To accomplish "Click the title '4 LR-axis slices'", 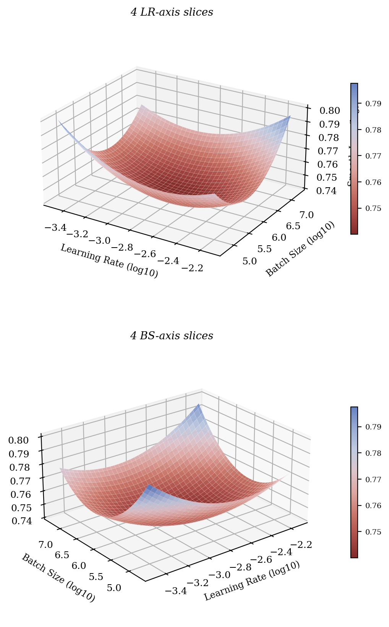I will (172, 12).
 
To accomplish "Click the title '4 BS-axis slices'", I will (172, 336).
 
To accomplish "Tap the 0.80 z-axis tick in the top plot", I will (330, 111).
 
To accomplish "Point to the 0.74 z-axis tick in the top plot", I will (327, 191).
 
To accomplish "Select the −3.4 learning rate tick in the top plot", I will (55, 228).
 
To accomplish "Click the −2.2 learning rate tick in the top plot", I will (192, 268).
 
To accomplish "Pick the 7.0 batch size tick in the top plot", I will (306, 215).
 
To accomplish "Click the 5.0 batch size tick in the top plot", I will (250, 261).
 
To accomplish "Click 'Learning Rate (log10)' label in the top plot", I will (109, 261).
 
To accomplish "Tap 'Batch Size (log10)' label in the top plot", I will (300, 249).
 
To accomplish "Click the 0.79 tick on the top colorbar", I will (373, 104).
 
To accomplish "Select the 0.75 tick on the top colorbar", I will (373, 208).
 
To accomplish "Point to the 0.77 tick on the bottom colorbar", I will (373, 480).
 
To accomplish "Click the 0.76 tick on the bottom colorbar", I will (373, 505).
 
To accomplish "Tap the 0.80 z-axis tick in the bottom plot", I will (18, 441).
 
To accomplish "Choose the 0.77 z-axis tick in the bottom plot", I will (20, 481).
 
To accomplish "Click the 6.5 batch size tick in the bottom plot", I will (62, 555).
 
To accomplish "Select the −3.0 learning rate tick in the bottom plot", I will (220, 575).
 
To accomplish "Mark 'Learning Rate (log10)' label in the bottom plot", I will (252, 581).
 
